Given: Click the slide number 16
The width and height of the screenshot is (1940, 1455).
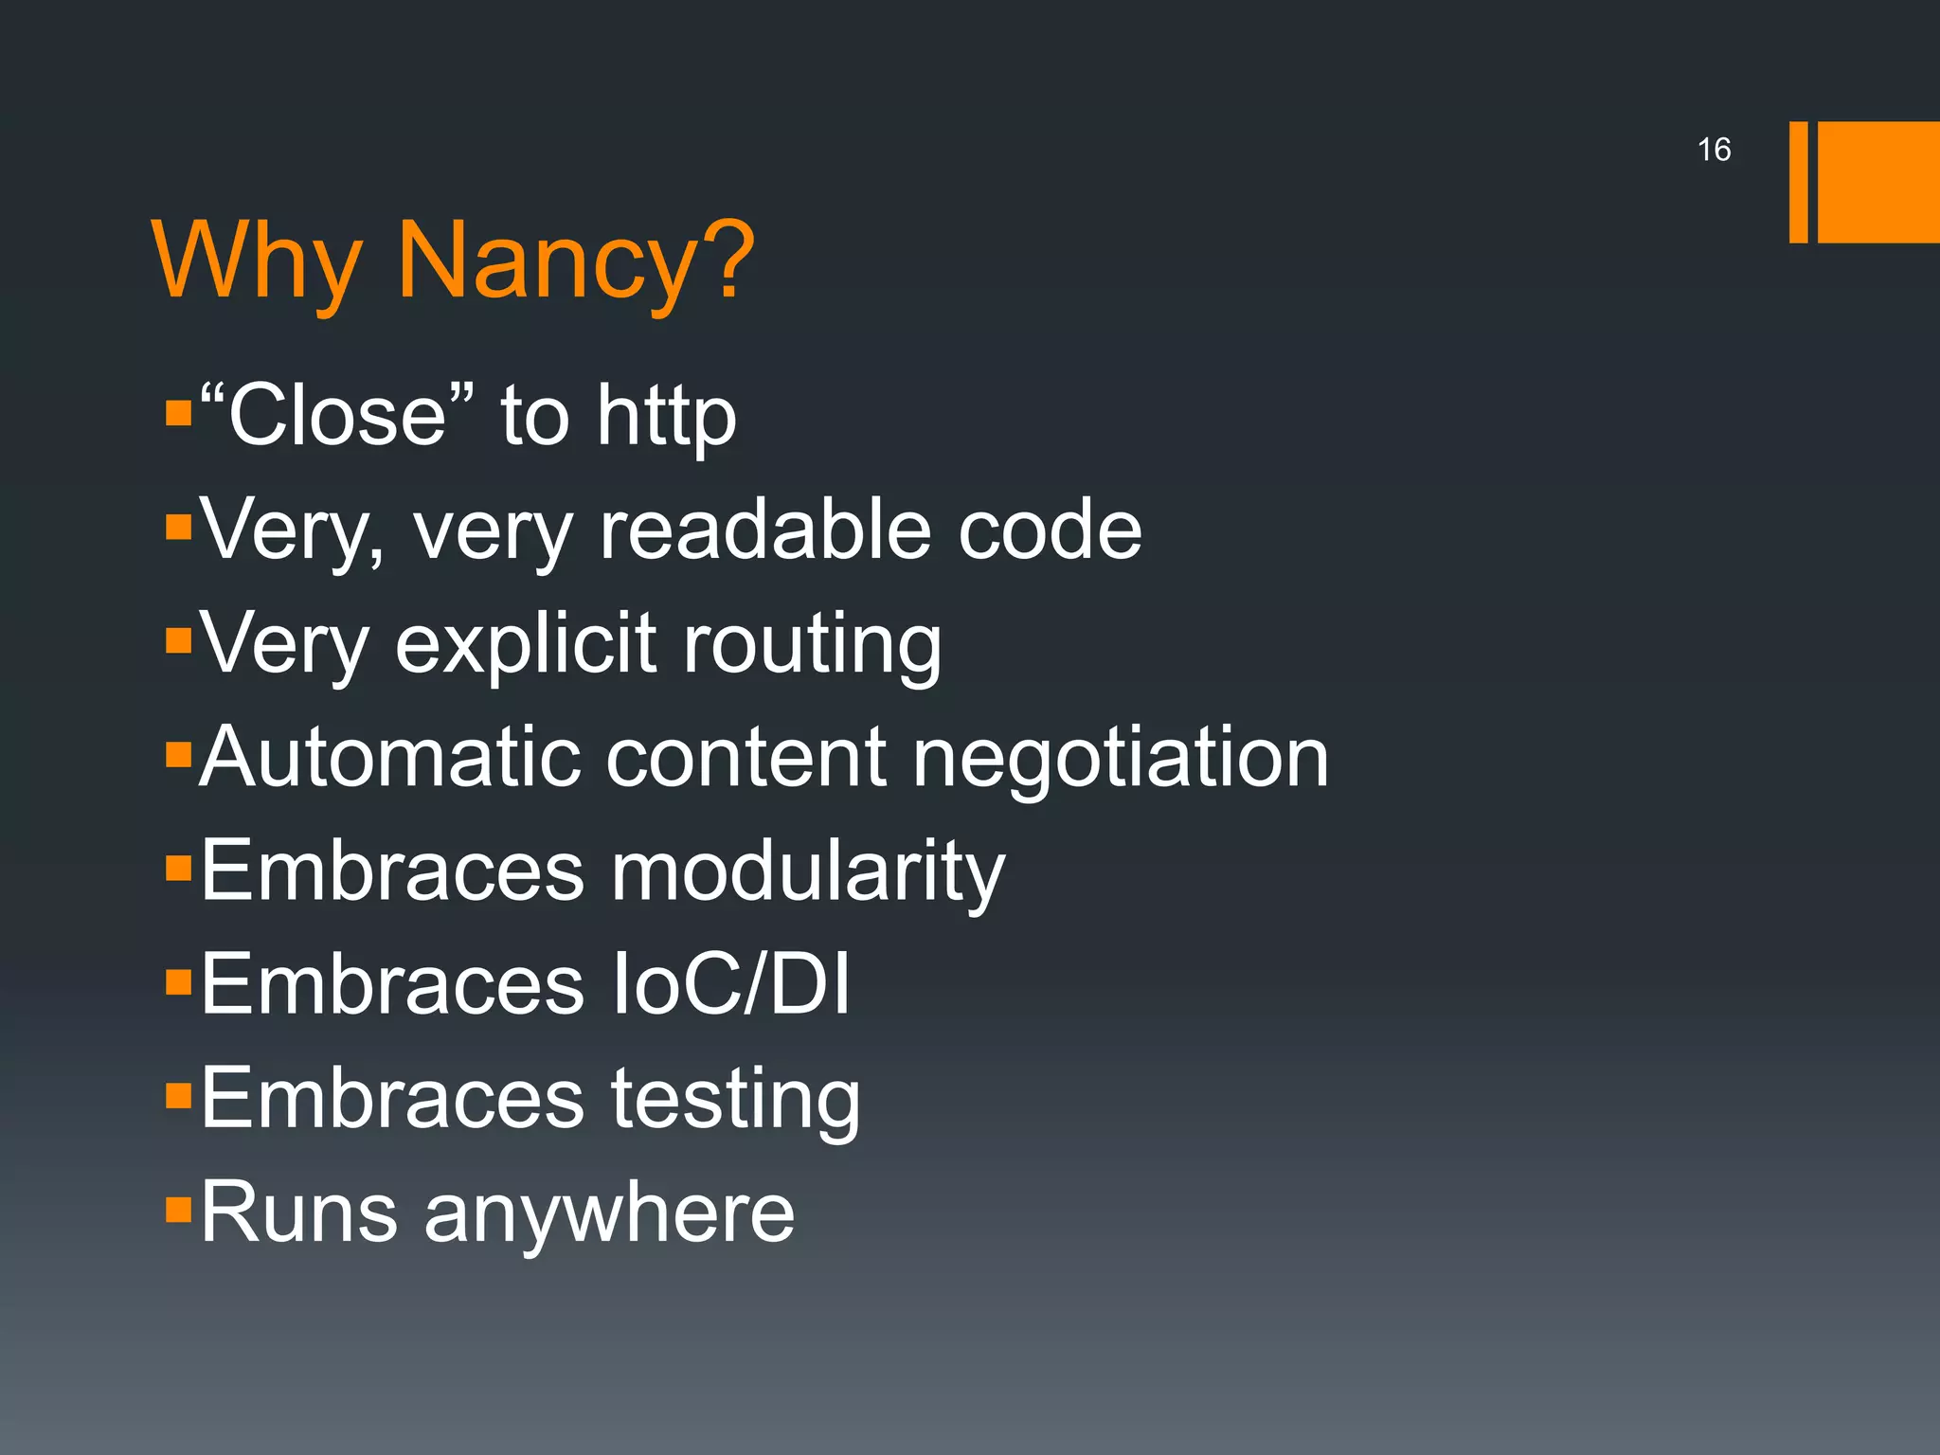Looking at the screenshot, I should pos(1714,150).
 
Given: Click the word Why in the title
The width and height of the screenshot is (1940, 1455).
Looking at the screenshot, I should pos(257,261).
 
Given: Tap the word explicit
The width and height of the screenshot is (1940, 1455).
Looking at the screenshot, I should pos(526,644).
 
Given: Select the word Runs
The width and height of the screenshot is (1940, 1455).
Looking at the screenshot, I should pos(298,1212).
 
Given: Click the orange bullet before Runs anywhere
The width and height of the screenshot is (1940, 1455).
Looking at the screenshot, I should pos(178,1210).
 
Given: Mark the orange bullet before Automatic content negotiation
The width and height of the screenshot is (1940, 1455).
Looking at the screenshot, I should pos(178,755).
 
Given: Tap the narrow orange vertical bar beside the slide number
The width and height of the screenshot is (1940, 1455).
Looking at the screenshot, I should pos(1798,182).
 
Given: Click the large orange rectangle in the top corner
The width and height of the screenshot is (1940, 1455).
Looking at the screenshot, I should pos(1878,182).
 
